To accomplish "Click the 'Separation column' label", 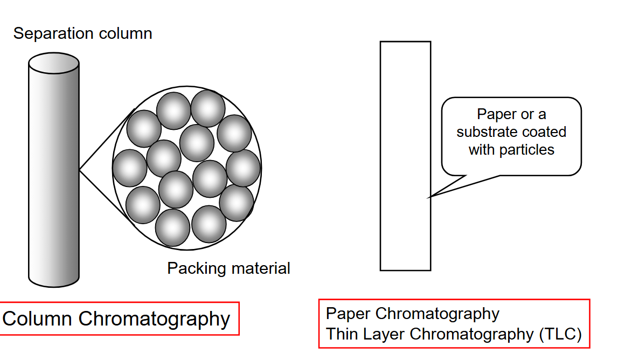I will (82, 33).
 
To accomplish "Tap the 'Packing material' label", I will (228, 268).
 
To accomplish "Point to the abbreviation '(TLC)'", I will (560, 334).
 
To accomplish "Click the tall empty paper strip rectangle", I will (405, 156).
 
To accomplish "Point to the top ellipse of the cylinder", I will (54, 63).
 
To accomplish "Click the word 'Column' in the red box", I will (37, 319).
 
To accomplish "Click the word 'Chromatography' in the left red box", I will (154, 319).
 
